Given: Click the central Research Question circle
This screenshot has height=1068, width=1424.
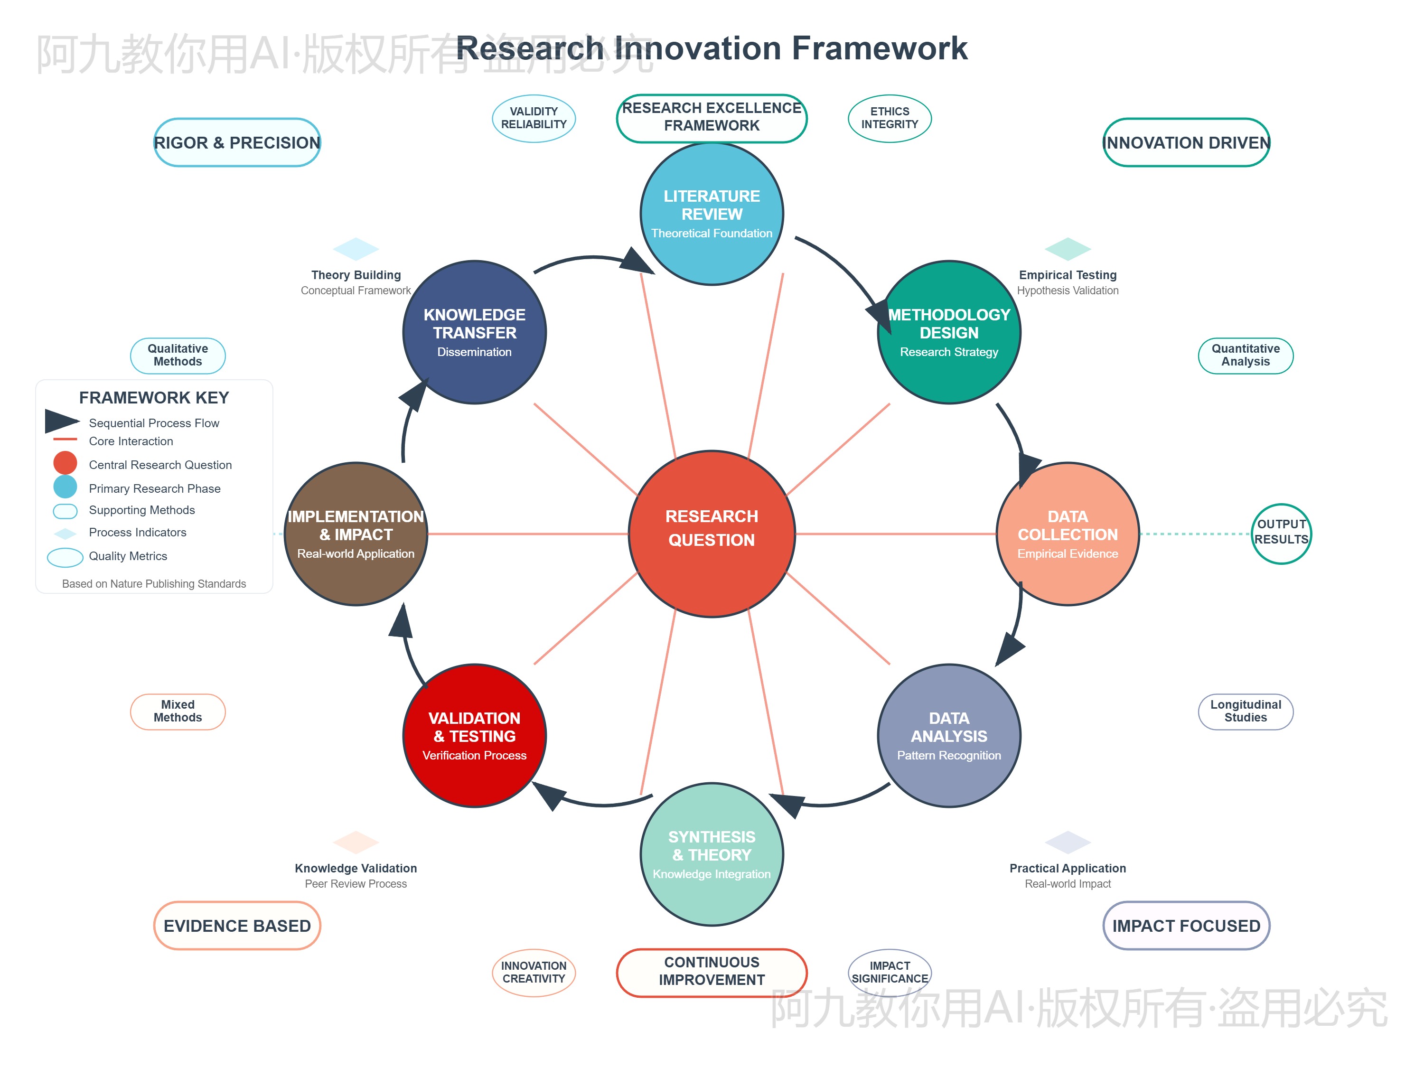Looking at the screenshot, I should coord(712,534).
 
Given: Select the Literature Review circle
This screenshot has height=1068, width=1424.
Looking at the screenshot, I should coord(712,214).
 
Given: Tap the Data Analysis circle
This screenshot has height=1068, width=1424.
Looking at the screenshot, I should coord(948,735).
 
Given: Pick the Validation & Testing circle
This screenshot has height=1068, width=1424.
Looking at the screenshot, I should coord(475,735).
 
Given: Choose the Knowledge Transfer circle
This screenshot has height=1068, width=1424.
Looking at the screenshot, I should coord(475,332).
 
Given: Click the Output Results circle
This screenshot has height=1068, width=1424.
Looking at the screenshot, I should coord(1281,534).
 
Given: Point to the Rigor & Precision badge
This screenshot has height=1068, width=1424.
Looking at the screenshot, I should coord(237,142).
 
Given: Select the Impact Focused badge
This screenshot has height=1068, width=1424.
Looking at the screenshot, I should coord(1186,925).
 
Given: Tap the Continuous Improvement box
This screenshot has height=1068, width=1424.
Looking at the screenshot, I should coord(712,972).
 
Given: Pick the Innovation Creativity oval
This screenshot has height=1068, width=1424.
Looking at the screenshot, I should coord(534,972).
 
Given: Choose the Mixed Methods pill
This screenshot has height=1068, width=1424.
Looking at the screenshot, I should coord(178,712).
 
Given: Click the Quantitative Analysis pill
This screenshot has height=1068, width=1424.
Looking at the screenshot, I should coord(1245,356).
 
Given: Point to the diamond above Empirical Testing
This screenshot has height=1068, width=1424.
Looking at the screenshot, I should coord(1068,249).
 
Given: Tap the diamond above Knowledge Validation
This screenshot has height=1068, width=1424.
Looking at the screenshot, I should coord(356,842).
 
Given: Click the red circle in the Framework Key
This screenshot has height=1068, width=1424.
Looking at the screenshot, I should coord(65,463).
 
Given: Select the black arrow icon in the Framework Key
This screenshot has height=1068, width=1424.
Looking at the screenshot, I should coord(61,421).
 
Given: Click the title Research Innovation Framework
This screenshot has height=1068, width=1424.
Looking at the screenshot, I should coord(712,48).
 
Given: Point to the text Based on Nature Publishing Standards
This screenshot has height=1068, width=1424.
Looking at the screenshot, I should coord(154,584).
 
